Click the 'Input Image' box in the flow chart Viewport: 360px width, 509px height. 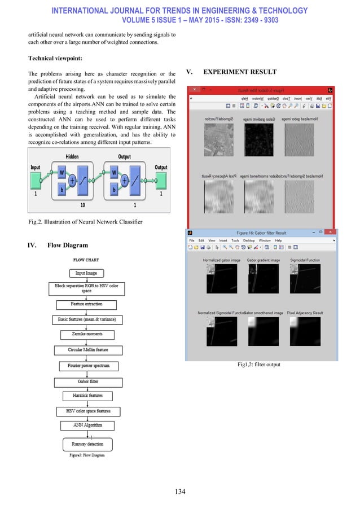[86, 273]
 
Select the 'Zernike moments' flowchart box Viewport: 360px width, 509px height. [87, 335]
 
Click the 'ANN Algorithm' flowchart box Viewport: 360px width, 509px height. [86, 425]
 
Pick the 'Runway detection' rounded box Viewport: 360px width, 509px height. [87, 444]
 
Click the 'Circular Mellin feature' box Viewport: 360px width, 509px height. [85, 350]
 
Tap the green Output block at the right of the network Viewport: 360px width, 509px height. [161, 180]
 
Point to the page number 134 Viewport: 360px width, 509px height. [180, 491]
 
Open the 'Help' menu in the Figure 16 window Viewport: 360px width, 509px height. [278, 240]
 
